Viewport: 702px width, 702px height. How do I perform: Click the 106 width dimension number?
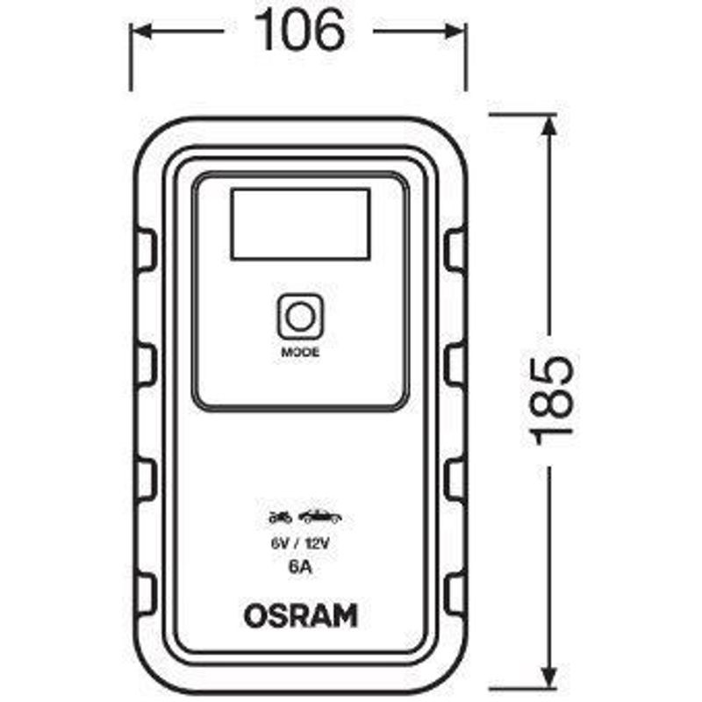[x=300, y=31]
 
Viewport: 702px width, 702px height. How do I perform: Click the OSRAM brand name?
[x=301, y=616]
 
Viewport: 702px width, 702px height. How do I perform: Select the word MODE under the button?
[x=300, y=353]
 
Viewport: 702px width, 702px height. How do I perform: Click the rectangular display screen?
[x=300, y=224]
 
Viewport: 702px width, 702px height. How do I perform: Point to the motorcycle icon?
[x=280, y=518]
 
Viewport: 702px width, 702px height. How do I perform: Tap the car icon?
[x=320, y=517]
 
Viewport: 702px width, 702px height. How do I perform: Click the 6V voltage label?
[x=278, y=544]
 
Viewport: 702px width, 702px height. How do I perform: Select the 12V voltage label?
[x=317, y=544]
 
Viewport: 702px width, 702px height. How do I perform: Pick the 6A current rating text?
[x=300, y=567]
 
